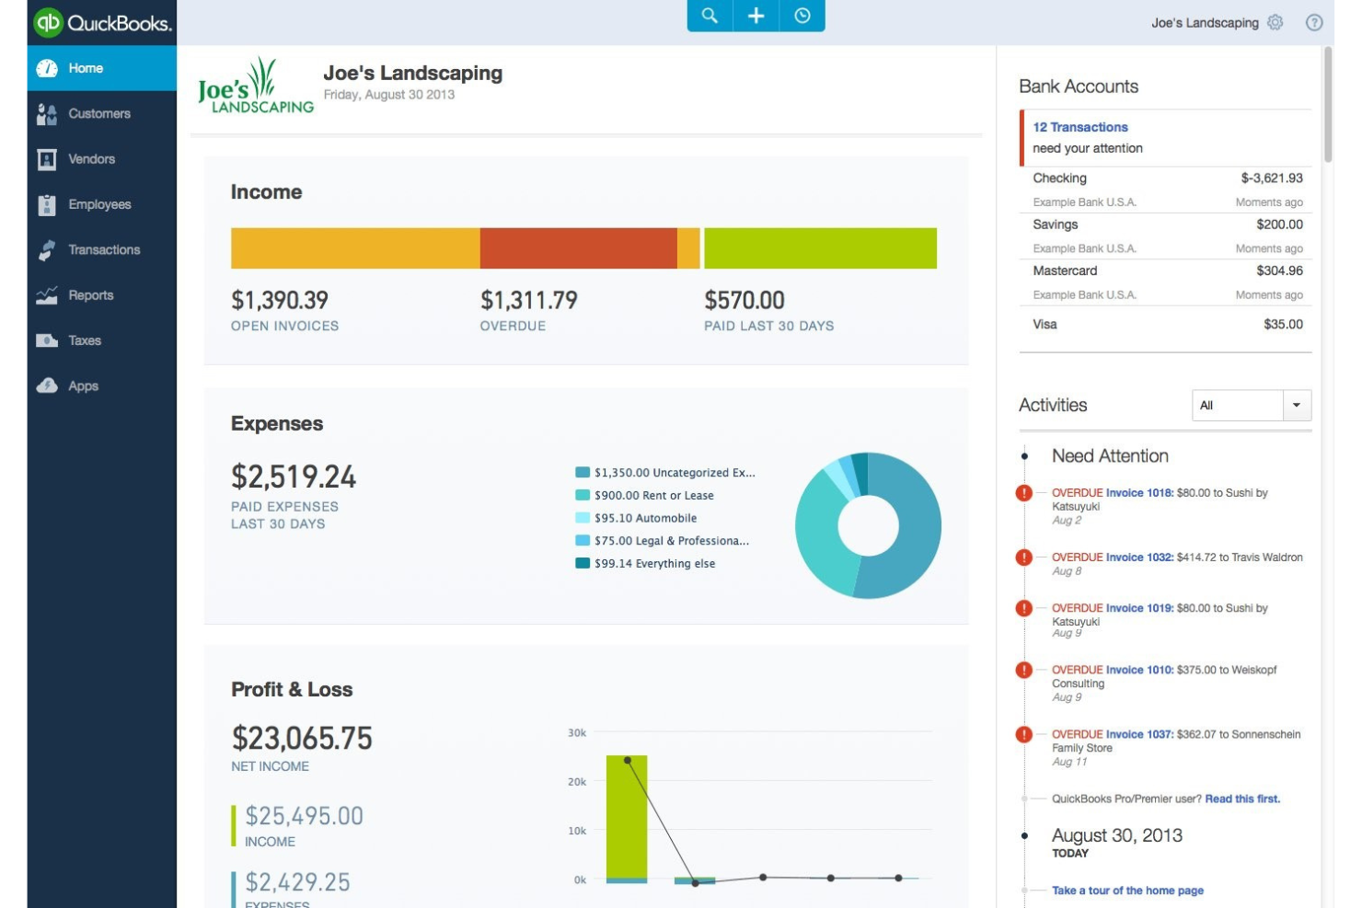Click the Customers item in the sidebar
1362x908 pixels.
(x=98, y=114)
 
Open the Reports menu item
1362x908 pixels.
(x=90, y=295)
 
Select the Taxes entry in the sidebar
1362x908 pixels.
(x=84, y=340)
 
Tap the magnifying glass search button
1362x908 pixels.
(x=710, y=16)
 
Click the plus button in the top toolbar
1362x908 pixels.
(x=756, y=16)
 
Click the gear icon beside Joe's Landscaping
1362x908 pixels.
(x=1275, y=23)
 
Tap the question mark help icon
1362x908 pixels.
(x=1314, y=23)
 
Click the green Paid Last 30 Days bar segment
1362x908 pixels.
(x=820, y=248)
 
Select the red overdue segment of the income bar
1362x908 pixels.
(x=578, y=248)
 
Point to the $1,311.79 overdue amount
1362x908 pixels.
(x=528, y=300)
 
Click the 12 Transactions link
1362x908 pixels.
(x=1079, y=127)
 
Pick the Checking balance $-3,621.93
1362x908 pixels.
(x=1271, y=178)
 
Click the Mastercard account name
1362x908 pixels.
(x=1065, y=270)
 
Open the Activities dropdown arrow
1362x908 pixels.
(x=1297, y=405)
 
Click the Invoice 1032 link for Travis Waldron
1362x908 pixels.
(x=1139, y=557)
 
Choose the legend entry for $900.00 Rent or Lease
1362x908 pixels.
(x=653, y=495)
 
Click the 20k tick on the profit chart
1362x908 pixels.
(x=577, y=782)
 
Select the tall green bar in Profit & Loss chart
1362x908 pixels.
(x=626, y=814)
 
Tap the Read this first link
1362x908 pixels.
(x=1242, y=799)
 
